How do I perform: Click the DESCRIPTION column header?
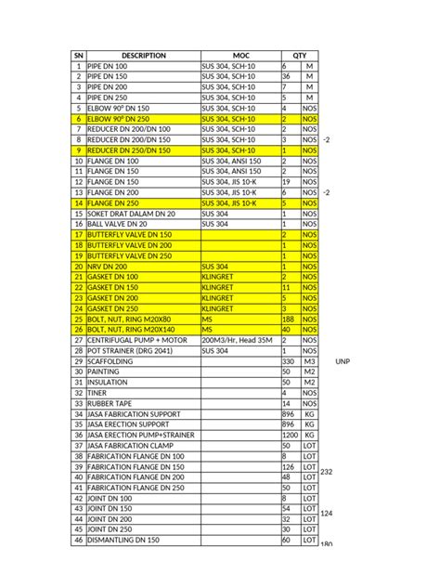pos(143,56)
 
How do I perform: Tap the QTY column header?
pos(299,56)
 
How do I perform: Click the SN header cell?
pos(78,56)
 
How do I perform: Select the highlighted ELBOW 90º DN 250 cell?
pos(117,120)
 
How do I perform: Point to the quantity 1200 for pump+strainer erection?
pos(290,434)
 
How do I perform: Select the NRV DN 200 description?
pos(110,266)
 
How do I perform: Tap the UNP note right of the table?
pos(344,360)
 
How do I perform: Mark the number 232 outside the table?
pos(326,473)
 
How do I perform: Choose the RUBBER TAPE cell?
pos(111,403)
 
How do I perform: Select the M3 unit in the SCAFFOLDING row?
pos(309,360)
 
